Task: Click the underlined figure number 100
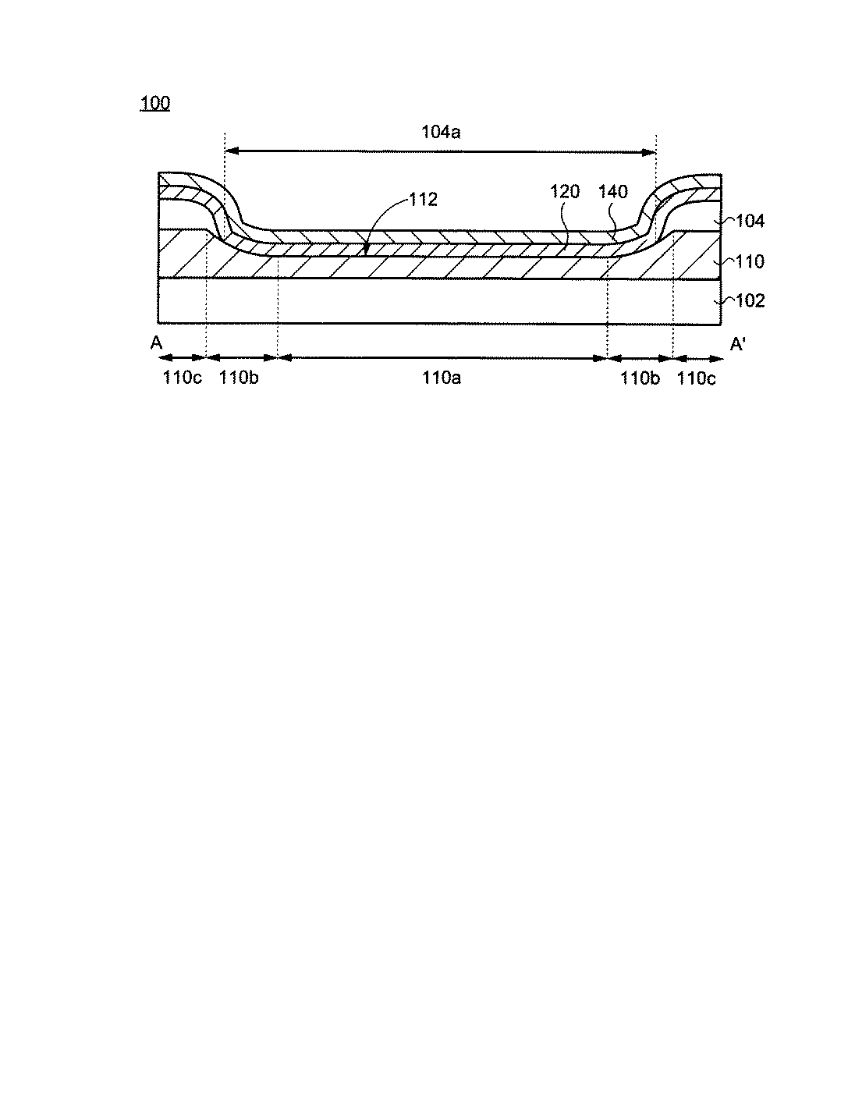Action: (154, 103)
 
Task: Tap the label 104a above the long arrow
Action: (441, 132)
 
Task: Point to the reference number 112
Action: (424, 199)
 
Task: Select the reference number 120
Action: (565, 191)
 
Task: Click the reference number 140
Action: (612, 191)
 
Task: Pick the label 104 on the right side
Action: (750, 221)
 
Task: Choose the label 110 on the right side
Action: (750, 262)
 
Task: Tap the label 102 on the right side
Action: (750, 300)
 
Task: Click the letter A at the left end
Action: (156, 343)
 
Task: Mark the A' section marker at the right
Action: (737, 344)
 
